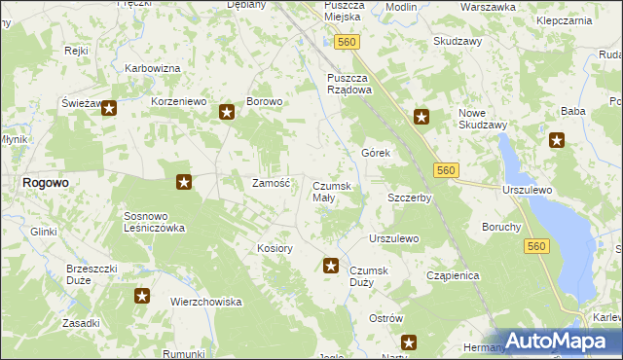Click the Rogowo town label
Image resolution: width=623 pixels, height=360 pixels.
pos(45,182)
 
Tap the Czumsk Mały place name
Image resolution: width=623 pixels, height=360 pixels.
pos(337,192)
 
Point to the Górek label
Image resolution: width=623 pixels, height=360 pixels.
pos(376,154)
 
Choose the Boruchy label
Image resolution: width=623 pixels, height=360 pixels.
pos(501,227)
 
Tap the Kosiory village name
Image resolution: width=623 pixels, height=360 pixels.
pos(275,248)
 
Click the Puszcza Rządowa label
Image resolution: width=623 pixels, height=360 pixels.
pos(348,84)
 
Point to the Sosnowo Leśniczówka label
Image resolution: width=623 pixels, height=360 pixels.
pos(154,222)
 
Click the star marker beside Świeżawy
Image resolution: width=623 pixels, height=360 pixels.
pos(109,110)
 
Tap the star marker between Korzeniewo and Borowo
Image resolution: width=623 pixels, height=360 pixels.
pos(227,112)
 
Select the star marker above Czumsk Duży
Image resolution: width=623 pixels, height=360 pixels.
pos(331,265)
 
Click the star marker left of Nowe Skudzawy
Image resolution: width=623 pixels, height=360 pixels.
pos(421,118)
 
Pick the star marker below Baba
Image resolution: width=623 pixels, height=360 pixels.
pos(558,140)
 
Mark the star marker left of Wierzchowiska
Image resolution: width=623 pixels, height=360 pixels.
pos(142,296)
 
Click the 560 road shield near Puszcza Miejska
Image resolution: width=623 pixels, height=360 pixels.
pos(347,42)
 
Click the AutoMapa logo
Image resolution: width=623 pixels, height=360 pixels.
pos(559,341)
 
